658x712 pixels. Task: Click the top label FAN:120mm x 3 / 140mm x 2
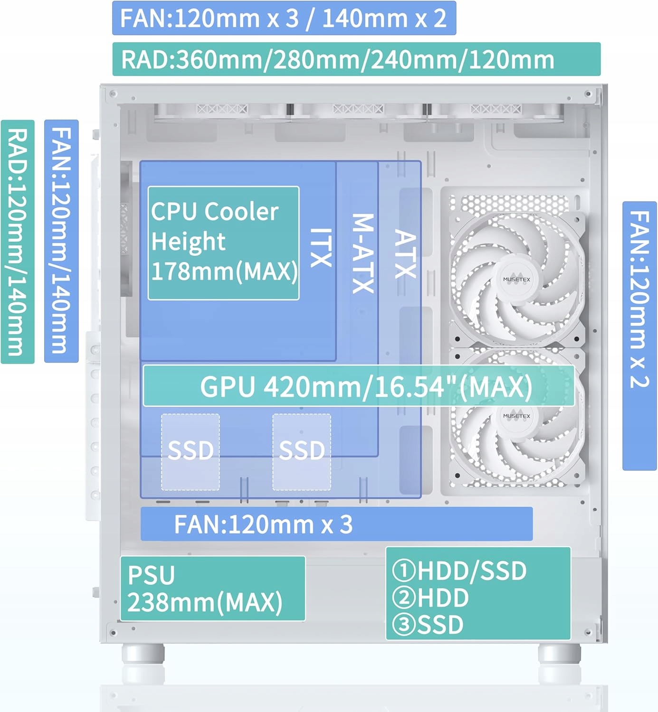(x=284, y=18)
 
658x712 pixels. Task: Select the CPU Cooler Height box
(x=223, y=243)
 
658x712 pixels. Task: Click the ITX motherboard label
(x=321, y=247)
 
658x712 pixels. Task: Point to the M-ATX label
(x=363, y=253)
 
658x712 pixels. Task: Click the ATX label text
(x=406, y=254)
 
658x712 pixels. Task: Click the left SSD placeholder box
(x=191, y=451)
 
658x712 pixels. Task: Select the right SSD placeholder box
(x=302, y=451)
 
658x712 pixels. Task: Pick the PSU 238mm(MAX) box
(x=212, y=589)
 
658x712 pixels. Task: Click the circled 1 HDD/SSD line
(x=460, y=571)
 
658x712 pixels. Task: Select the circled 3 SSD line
(x=428, y=625)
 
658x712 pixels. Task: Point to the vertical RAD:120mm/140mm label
(x=18, y=242)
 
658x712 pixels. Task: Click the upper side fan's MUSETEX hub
(x=516, y=280)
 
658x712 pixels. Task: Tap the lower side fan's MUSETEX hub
(x=516, y=416)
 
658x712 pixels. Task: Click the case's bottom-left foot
(x=143, y=654)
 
